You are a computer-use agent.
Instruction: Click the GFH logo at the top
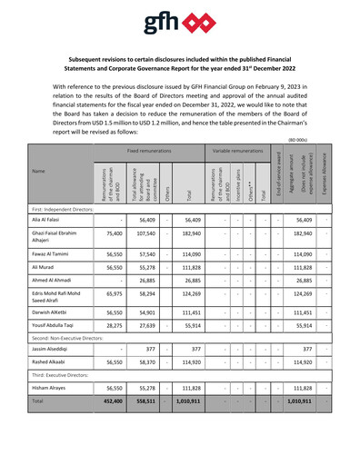click(x=179, y=22)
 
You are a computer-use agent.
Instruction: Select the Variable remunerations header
click(x=238, y=151)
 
